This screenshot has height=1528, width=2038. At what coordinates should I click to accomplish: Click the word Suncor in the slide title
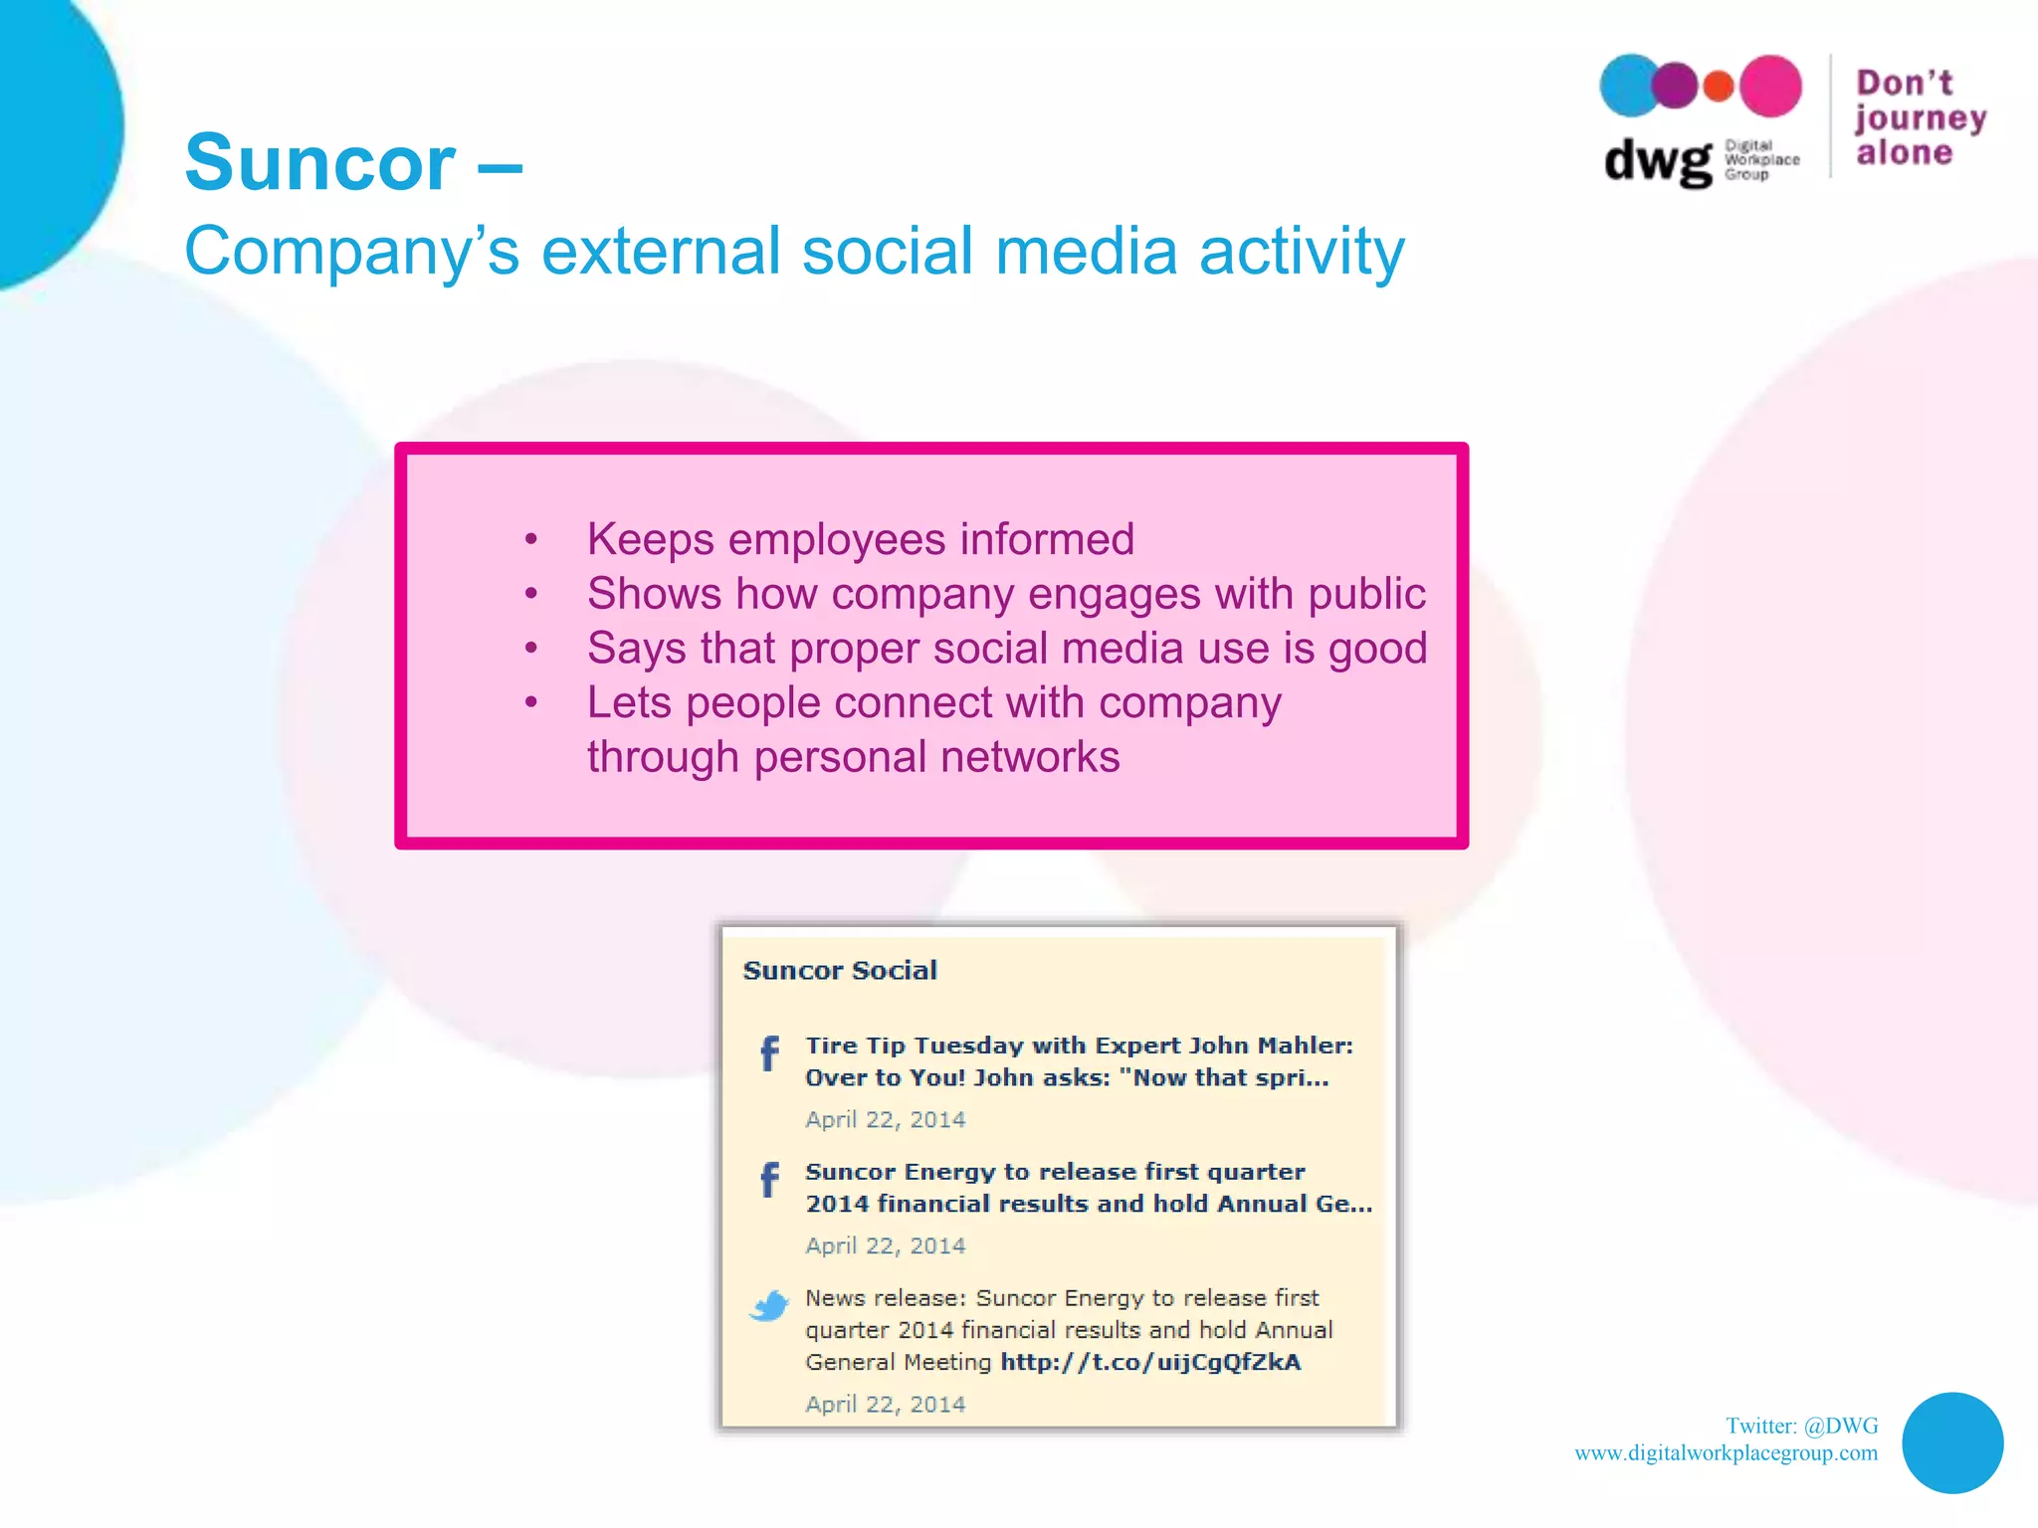pyautogui.click(x=319, y=163)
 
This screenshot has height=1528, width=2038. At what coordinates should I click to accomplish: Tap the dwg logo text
pyautogui.click(x=1658, y=160)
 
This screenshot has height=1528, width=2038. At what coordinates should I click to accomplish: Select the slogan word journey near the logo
pyautogui.click(x=1920, y=118)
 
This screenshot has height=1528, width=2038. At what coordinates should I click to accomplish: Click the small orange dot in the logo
pyautogui.click(x=1718, y=87)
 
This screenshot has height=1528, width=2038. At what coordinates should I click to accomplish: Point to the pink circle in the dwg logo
pyautogui.click(x=1770, y=87)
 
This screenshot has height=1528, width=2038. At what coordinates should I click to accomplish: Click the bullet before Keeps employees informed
pyautogui.click(x=531, y=540)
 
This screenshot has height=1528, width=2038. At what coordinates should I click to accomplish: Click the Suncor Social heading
pyautogui.click(x=840, y=970)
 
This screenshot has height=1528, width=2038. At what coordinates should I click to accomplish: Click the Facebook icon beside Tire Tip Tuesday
pyautogui.click(x=769, y=1053)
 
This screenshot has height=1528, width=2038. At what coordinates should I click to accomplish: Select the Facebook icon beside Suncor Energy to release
pyautogui.click(x=769, y=1180)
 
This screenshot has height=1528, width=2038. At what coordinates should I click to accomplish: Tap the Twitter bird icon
pyautogui.click(x=768, y=1305)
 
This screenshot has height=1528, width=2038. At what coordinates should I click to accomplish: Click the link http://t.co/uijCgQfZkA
pyautogui.click(x=1150, y=1362)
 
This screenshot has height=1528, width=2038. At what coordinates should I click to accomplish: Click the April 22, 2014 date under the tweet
pyautogui.click(x=885, y=1404)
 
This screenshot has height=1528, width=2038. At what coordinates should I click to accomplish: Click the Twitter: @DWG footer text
pyautogui.click(x=1801, y=1426)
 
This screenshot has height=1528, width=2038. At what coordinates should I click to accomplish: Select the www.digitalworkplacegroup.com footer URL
pyautogui.click(x=1726, y=1453)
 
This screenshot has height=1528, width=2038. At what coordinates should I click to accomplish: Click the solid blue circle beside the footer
pyautogui.click(x=1951, y=1442)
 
